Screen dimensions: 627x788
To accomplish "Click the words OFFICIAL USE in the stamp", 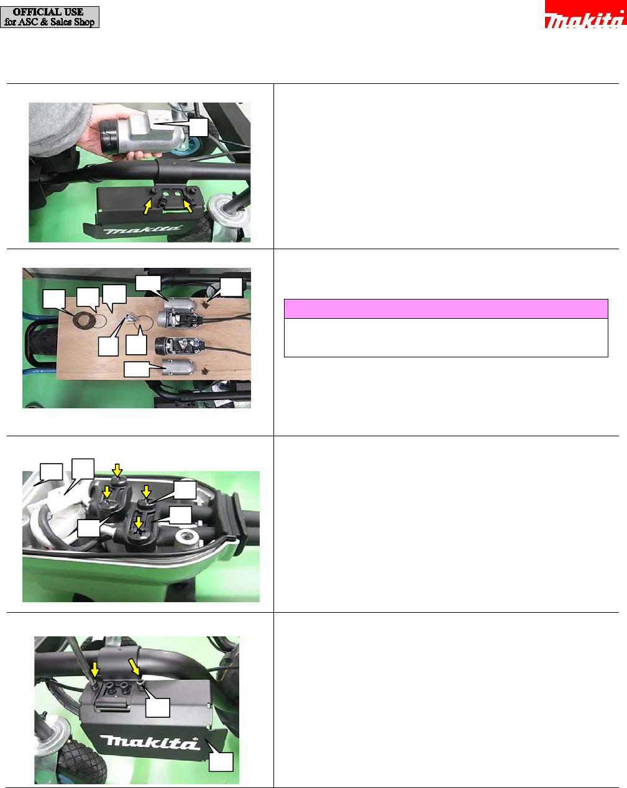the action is (48, 12).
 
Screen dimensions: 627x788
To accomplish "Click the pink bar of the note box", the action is (446, 309).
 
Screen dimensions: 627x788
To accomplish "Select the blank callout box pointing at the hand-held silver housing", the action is (198, 127).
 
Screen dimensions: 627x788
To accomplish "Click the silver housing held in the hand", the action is (143, 135).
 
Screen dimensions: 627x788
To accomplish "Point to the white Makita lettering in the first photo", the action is (143, 230).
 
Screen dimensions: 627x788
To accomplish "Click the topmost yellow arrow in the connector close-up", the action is (117, 469).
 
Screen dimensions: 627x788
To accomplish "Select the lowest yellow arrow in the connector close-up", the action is (139, 523).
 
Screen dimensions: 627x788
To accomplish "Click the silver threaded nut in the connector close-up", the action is (187, 537).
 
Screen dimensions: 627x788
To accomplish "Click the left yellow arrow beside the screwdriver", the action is (95, 669).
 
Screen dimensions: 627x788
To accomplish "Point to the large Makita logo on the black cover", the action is (151, 742).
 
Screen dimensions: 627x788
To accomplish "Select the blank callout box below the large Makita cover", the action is (221, 762).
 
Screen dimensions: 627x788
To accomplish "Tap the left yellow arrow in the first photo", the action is (147, 206).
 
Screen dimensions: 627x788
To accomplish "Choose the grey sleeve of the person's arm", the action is (55, 128).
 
